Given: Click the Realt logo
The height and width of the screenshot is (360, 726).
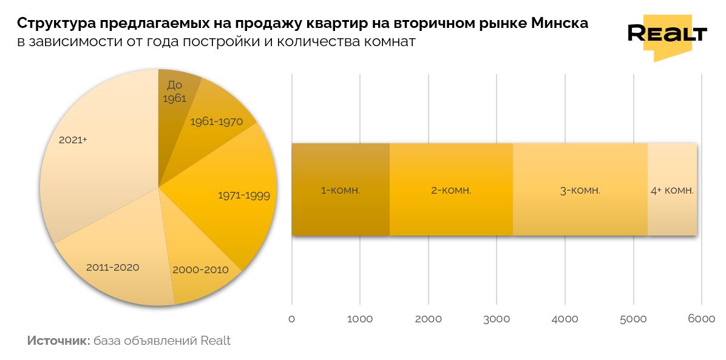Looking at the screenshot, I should click(x=667, y=36).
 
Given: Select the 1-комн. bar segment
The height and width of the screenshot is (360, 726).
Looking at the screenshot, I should click(x=341, y=189).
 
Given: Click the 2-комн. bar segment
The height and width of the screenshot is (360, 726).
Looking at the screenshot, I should click(x=451, y=189).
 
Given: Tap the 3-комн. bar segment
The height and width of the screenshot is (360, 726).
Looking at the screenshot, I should click(x=580, y=189).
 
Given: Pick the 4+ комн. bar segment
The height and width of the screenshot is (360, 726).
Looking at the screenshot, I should click(x=672, y=189).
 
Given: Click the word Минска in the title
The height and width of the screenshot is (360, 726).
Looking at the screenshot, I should click(x=559, y=24).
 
